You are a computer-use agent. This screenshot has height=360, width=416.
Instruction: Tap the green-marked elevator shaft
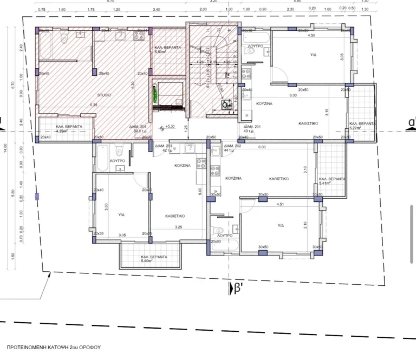[x=155, y=96]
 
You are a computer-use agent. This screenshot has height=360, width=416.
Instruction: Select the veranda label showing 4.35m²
[x=69, y=128]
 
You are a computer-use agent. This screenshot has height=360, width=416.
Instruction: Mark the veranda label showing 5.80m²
[x=167, y=50]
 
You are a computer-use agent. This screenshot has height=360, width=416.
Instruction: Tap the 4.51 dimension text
[x=280, y=204]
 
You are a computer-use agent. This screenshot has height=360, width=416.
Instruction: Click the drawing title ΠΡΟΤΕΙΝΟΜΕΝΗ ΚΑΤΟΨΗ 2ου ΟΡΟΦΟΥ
[x=54, y=346]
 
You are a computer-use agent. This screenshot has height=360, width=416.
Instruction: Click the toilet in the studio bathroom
[x=64, y=37]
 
